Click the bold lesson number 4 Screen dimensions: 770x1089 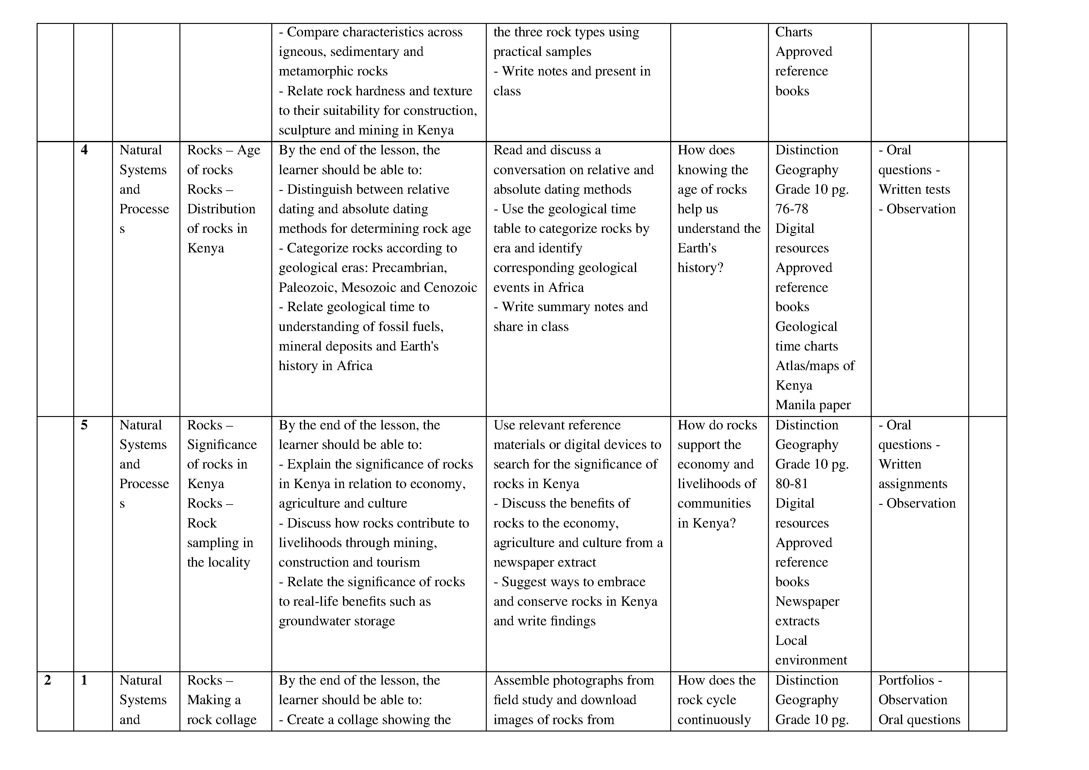click(x=84, y=150)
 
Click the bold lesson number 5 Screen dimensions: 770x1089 click(x=84, y=425)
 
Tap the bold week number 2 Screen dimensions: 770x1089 click(x=47, y=680)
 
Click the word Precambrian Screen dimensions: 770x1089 click(x=409, y=268)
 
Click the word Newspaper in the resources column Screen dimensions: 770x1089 click(x=807, y=602)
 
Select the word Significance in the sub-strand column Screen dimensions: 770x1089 click(x=222, y=445)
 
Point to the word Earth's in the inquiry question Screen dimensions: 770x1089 click(x=697, y=248)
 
